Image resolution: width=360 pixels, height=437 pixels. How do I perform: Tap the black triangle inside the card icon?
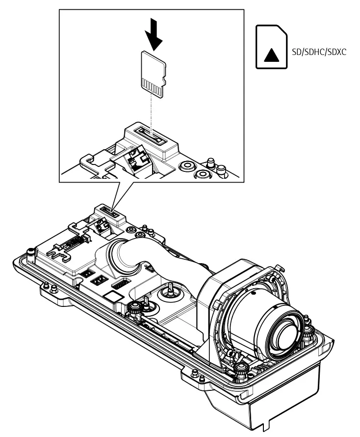coord(270,54)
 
